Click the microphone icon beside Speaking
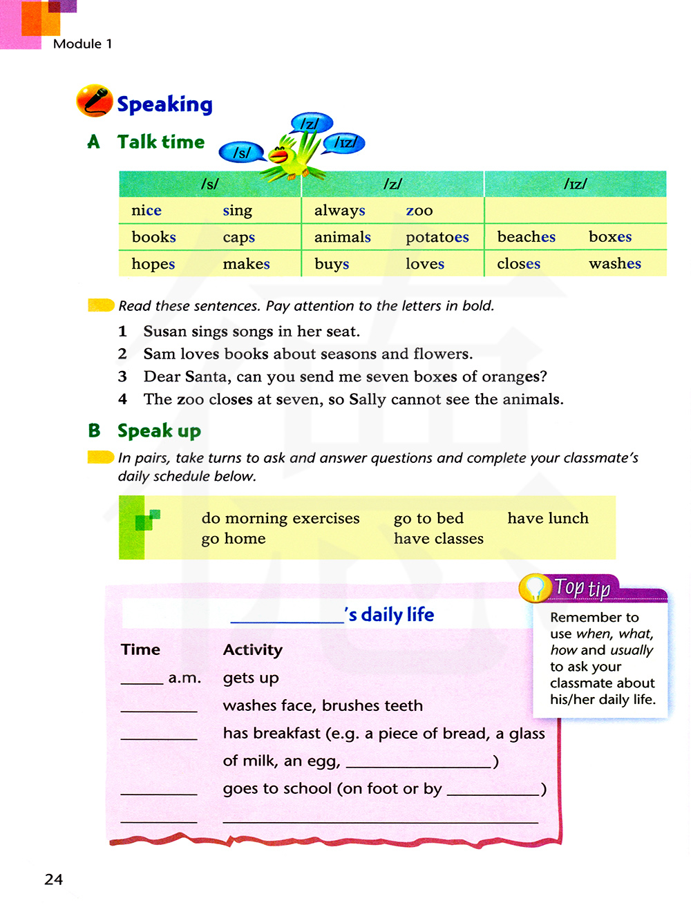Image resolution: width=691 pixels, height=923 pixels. tap(95, 102)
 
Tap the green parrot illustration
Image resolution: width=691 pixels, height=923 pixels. tap(294, 155)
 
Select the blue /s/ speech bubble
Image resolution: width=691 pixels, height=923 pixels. tap(241, 153)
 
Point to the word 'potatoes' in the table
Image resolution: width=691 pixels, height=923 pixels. tap(437, 237)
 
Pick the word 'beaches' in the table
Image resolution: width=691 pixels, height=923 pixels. tap(526, 237)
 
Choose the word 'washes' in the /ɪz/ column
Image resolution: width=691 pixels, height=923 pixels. tap(614, 263)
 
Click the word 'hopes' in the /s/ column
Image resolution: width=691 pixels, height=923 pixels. tap(153, 264)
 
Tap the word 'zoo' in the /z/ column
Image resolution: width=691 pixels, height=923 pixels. tap(419, 211)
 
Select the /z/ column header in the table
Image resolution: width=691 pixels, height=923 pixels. tap(392, 184)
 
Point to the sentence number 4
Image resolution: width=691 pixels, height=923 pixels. tap(122, 399)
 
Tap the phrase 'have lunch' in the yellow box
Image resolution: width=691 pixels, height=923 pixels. tap(548, 518)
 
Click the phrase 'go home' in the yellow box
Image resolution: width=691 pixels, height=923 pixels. tap(233, 539)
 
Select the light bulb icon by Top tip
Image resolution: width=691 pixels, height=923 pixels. tap(535, 588)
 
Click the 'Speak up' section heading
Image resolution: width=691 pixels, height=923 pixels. tap(159, 431)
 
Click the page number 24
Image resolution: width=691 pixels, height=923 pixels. tap(53, 879)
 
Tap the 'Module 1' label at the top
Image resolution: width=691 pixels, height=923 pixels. tap(82, 44)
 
